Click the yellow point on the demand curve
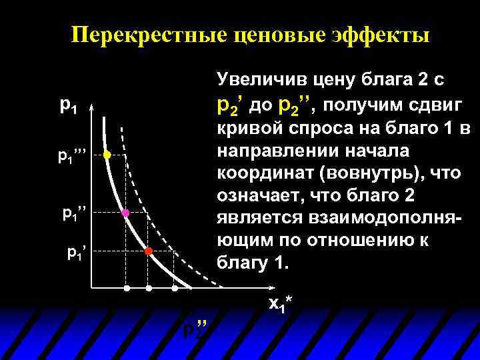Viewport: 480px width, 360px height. click(107, 155)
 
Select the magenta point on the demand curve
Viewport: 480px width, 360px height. click(125, 213)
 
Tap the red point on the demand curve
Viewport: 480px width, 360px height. click(149, 251)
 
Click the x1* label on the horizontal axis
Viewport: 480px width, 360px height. click(280, 303)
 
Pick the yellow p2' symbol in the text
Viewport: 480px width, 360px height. click(230, 105)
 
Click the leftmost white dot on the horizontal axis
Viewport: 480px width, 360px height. click(127, 289)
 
